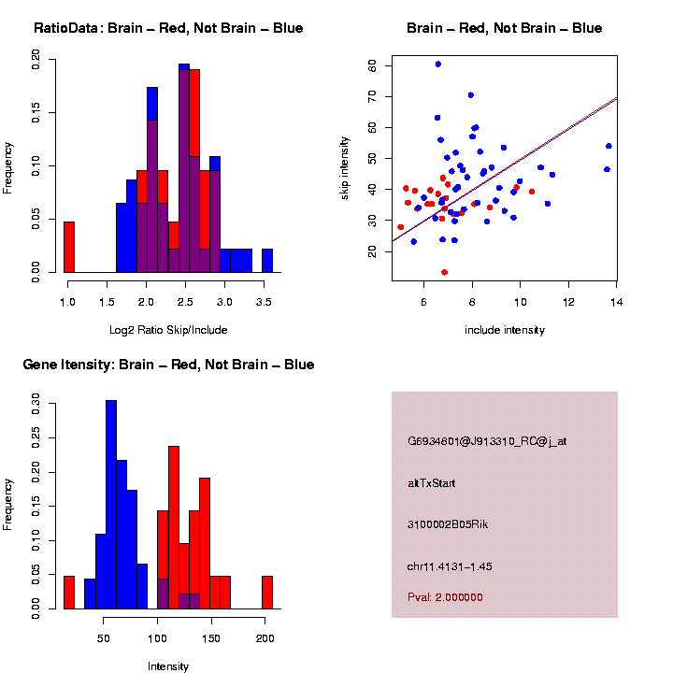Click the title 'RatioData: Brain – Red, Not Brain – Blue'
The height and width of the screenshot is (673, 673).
coord(168,28)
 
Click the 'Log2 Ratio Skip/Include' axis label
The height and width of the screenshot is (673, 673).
coord(168,330)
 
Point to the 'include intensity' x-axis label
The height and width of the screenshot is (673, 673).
coord(504,330)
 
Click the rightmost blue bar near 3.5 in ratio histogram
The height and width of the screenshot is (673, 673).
coord(267,261)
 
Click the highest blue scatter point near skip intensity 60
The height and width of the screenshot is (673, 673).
coord(437,64)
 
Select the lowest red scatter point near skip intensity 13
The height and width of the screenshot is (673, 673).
coord(444,272)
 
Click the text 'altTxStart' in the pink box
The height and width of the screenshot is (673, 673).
coord(432,483)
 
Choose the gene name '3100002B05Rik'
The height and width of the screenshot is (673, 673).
coord(448,524)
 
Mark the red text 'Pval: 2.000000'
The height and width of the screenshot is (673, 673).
coord(445,597)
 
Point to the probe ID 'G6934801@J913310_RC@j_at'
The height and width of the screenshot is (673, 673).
coord(487,441)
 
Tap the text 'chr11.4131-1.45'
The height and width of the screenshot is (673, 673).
coord(451,566)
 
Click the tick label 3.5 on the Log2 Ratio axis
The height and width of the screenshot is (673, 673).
coord(265,304)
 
